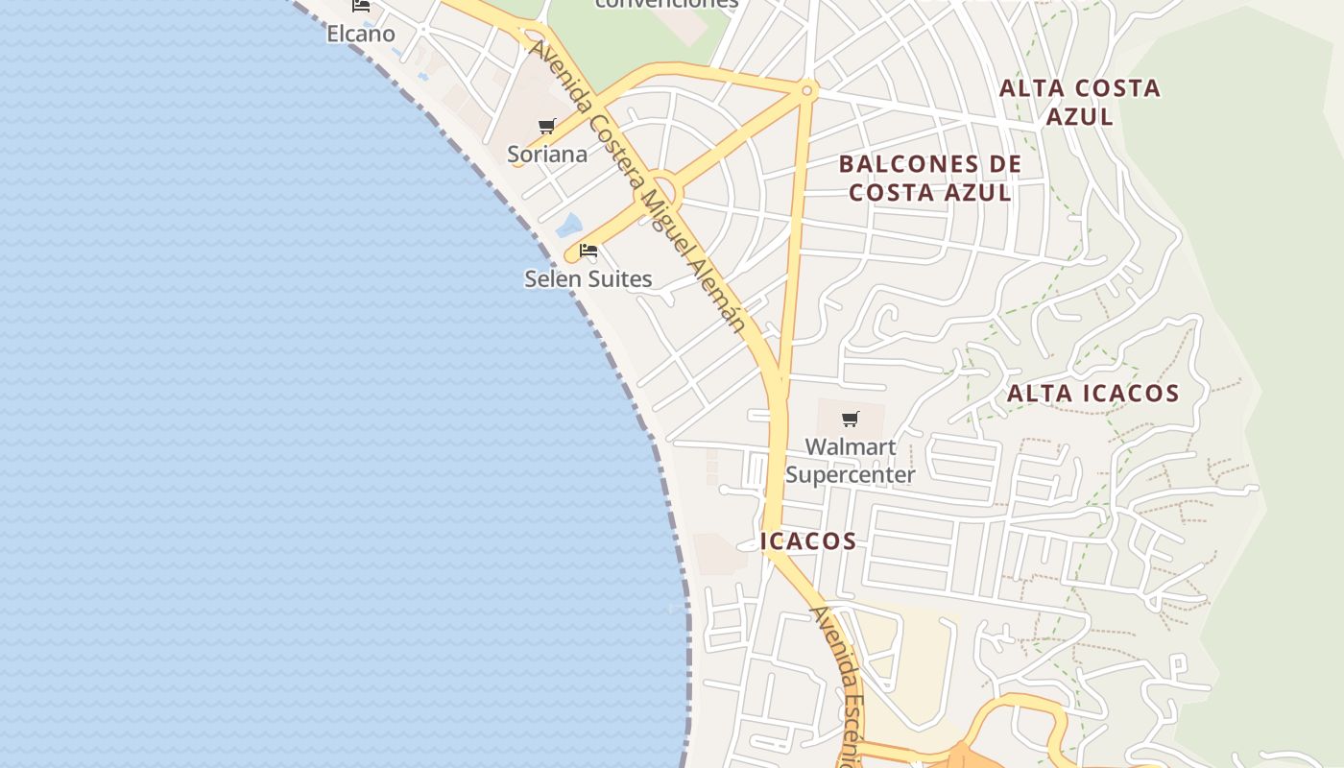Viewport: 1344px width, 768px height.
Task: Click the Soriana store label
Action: tap(547, 155)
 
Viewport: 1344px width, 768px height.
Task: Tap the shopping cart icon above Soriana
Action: tap(547, 126)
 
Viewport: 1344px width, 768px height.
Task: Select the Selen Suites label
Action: tap(588, 279)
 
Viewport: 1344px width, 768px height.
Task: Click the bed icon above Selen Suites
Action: tap(588, 252)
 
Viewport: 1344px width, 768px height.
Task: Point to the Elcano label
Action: tap(361, 34)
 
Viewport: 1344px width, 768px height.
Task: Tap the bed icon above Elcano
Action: tap(361, 5)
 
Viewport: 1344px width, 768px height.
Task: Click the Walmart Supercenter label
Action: tap(851, 461)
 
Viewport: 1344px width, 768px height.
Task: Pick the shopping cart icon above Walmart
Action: tap(850, 419)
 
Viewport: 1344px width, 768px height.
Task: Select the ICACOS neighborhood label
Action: tap(808, 541)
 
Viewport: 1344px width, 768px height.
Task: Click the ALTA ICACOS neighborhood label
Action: tap(1092, 394)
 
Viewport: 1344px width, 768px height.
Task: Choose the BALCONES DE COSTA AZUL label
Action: tap(929, 179)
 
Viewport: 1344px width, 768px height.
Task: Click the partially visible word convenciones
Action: tap(666, 4)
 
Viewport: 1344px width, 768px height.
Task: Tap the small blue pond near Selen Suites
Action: tap(569, 226)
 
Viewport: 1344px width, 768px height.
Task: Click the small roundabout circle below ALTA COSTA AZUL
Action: tap(806, 91)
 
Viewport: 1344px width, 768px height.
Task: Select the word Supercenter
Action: tap(851, 475)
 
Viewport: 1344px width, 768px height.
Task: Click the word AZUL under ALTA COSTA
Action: tap(1079, 117)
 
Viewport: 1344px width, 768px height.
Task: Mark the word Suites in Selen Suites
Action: tap(619, 279)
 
